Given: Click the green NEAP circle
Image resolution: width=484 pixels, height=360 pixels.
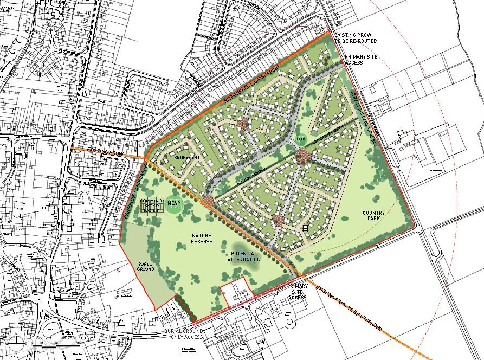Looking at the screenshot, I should click(175, 204).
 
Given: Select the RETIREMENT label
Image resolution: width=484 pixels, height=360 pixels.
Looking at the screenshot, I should click(187, 157).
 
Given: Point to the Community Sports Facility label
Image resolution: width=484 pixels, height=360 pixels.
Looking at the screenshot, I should click(151, 207).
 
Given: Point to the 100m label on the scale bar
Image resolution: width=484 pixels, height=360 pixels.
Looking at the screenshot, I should click(79, 343).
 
